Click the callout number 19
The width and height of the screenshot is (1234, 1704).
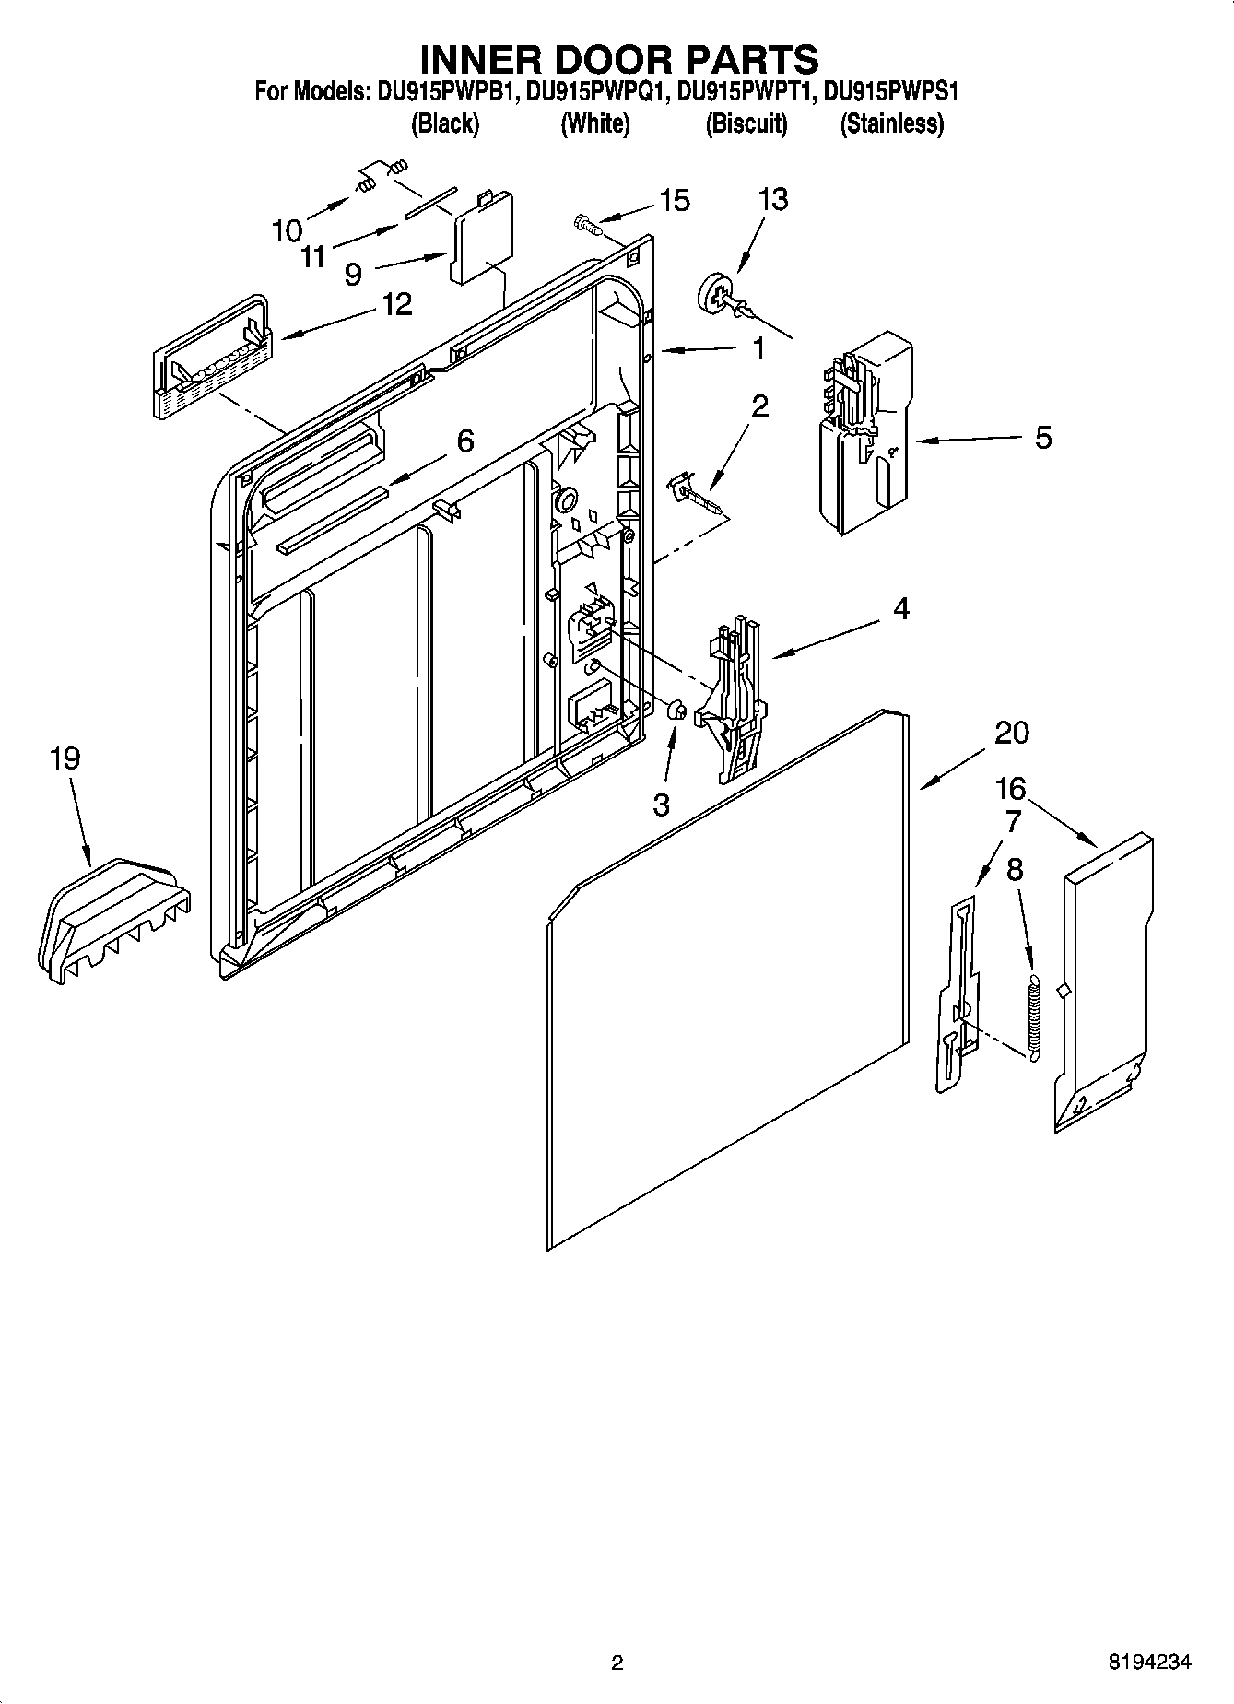pyautogui.click(x=65, y=758)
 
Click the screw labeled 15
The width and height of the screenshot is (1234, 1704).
pyautogui.click(x=586, y=222)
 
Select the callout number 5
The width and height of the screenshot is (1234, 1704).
pyautogui.click(x=1042, y=437)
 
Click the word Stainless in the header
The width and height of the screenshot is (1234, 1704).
pyautogui.click(x=891, y=123)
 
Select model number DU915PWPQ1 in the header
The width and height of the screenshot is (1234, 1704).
pyautogui.click(x=594, y=92)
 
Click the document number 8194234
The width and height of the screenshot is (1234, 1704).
pyautogui.click(x=1148, y=1662)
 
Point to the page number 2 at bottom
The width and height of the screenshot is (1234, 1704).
pyautogui.click(x=617, y=1663)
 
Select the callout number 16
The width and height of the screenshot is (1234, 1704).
pyautogui.click(x=1010, y=788)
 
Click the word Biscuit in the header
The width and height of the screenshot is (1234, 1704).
pyautogui.click(x=746, y=123)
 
